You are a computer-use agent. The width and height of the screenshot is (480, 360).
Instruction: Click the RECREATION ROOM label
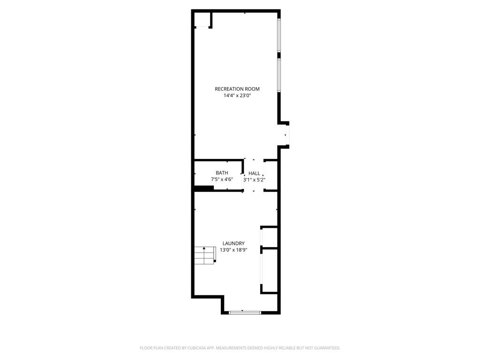pyautogui.click(x=237, y=89)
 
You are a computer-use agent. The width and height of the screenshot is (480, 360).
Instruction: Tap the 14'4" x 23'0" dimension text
pyautogui.click(x=237, y=96)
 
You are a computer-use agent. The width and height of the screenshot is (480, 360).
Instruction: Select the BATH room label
pyautogui.click(x=222, y=173)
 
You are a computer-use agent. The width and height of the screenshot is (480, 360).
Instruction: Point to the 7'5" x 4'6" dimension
pyautogui.click(x=222, y=180)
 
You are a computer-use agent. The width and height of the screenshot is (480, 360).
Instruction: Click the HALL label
pyautogui.click(x=254, y=173)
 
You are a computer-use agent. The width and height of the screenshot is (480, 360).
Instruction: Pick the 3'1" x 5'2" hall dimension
pyautogui.click(x=254, y=180)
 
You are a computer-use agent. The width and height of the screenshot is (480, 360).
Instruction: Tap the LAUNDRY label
pyautogui.click(x=233, y=243)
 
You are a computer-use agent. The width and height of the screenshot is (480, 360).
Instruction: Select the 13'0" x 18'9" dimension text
pyautogui.click(x=233, y=250)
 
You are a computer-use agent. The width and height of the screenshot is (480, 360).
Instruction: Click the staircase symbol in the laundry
pyautogui.click(x=205, y=255)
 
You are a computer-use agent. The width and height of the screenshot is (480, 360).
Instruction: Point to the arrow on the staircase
pyautogui.click(x=204, y=251)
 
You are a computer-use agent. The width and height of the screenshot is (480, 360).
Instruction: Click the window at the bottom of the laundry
pyautogui.click(x=245, y=313)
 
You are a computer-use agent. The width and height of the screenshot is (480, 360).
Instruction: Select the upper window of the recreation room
pyautogui.click(x=279, y=35)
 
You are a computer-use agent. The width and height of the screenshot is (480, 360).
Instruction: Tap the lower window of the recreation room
pyautogui.click(x=279, y=75)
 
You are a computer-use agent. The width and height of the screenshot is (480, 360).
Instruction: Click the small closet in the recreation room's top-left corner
pyautogui.click(x=202, y=20)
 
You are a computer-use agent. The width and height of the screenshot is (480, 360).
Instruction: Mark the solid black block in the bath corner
pyautogui.click(x=204, y=188)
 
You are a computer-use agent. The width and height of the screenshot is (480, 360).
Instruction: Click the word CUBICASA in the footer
pyautogui.click(x=199, y=348)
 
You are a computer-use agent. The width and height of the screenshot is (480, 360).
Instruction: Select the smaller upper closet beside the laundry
pyautogui.click(x=269, y=236)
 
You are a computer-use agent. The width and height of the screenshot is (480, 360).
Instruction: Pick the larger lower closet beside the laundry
pyautogui.click(x=269, y=270)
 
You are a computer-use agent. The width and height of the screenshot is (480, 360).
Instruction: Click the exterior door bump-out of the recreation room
pyautogui.click(x=284, y=135)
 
